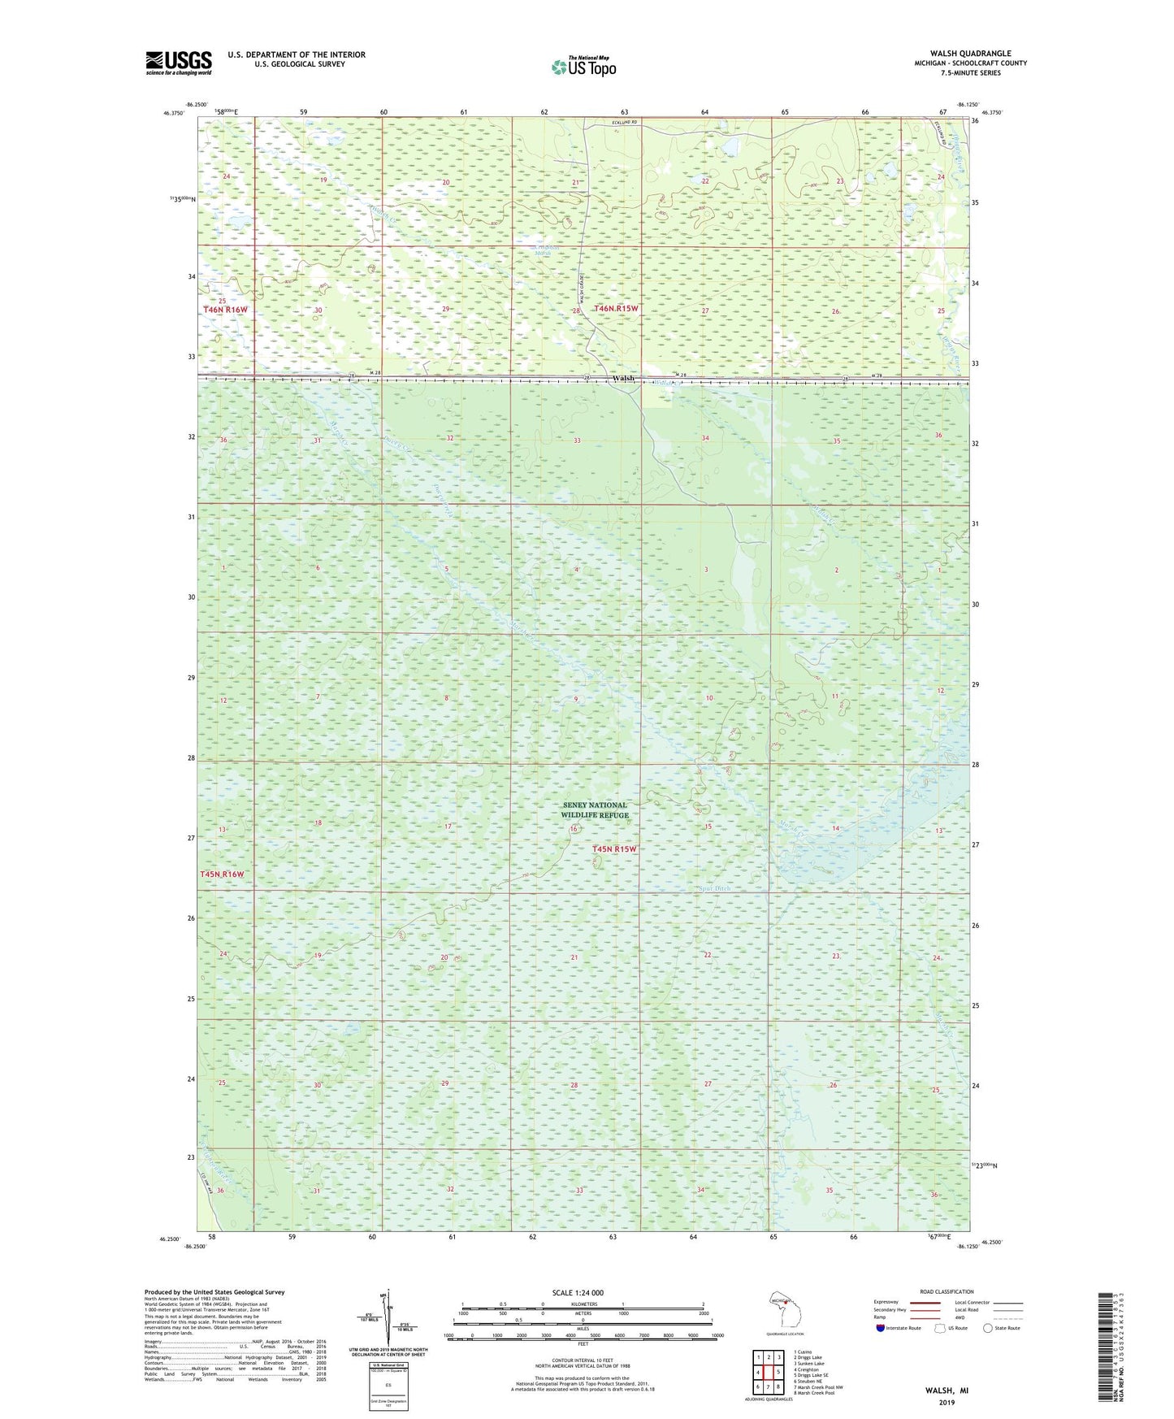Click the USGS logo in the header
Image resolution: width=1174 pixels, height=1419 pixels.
[179, 63]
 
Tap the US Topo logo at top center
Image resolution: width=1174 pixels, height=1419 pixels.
[583, 67]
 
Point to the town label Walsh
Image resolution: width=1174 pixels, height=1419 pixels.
[623, 379]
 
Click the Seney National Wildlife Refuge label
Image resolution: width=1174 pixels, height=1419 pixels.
[595, 809]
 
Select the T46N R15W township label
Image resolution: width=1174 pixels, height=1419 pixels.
[617, 309]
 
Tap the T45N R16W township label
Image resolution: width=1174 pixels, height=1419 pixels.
[222, 874]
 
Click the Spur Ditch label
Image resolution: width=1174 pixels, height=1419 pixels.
[714, 888]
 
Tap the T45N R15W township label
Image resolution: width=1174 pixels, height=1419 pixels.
[614, 848]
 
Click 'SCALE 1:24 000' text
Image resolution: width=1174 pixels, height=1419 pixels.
[578, 1292]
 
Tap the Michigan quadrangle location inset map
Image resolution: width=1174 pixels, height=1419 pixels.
[784, 1311]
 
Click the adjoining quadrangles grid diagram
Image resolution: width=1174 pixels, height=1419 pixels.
[768, 1372]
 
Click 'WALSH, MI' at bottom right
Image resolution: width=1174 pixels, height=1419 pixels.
[947, 1391]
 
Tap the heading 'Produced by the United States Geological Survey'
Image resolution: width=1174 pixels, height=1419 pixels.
[214, 1291]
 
